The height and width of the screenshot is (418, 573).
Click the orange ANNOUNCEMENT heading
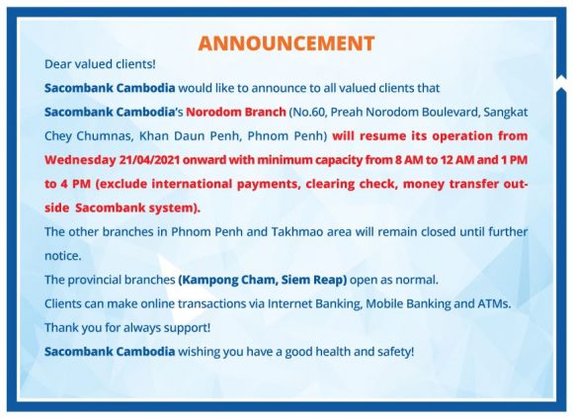click(286, 43)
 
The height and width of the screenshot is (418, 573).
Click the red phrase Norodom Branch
click(236, 112)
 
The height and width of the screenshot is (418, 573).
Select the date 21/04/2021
click(149, 160)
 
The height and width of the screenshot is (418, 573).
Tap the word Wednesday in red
click(80, 160)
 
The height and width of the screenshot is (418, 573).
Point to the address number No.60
click(310, 112)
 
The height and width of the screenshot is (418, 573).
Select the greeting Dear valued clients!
click(100, 64)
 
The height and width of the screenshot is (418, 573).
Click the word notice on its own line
click(62, 256)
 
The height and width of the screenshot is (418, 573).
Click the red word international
click(192, 184)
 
